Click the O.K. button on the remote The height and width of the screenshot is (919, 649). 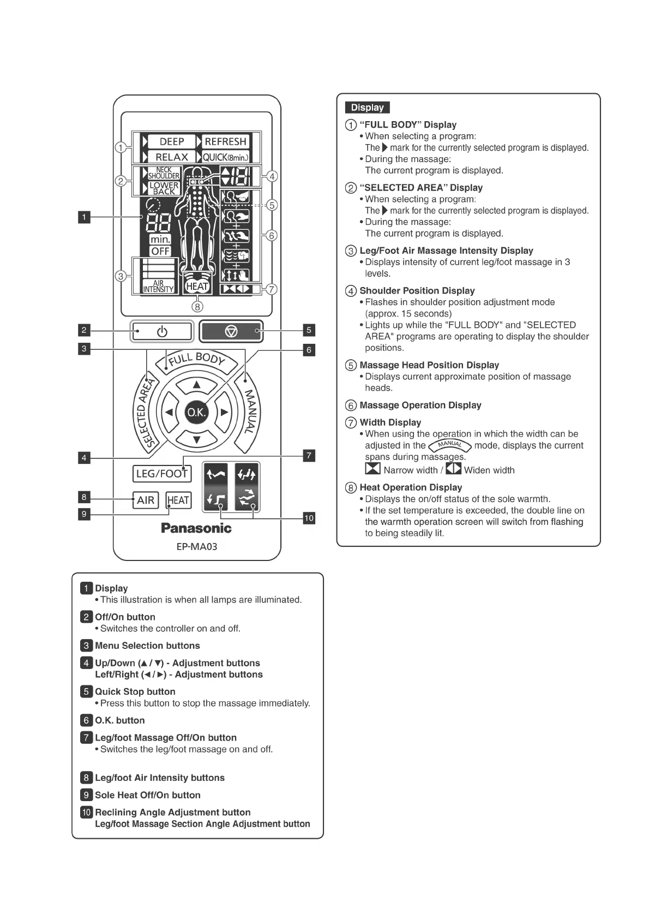(x=196, y=413)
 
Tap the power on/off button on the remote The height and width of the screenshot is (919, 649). (x=162, y=331)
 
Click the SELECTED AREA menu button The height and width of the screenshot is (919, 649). (x=143, y=412)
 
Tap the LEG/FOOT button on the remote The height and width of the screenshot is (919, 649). (x=161, y=474)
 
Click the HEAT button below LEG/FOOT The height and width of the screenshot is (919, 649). (x=178, y=500)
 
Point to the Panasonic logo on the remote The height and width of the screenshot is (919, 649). (x=196, y=528)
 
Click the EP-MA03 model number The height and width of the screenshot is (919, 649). (x=196, y=546)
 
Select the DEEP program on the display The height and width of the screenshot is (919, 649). (x=171, y=142)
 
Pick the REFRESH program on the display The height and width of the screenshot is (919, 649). (x=225, y=142)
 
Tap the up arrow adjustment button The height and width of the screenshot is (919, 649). (x=197, y=385)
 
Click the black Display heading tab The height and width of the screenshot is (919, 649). (x=367, y=108)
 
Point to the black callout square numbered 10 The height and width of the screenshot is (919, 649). (x=309, y=518)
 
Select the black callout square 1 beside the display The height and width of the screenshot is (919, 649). (x=84, y=217)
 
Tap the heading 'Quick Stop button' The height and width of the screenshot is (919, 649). (x=135, y=691)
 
